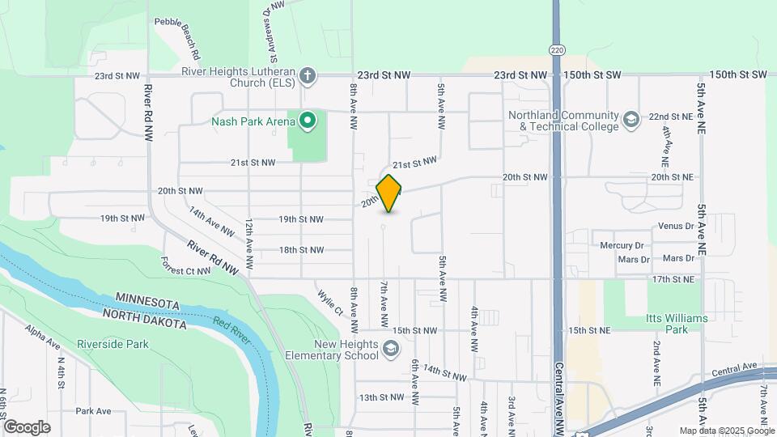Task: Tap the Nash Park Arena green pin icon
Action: [x=308, y=122]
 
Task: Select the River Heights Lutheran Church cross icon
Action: [x=307, y=76]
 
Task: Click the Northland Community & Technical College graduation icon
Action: [x=631, y=121]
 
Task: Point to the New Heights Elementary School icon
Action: [x=391, y=350]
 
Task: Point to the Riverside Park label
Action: [x=113, y=344]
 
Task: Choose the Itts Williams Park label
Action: [x=677, y=324]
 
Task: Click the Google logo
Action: [x=27, y=427]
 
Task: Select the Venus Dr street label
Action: [x=677, y=226]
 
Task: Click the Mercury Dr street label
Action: [x=622, y=244]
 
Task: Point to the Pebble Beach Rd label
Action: [x=177, y=40]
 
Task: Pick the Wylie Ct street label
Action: [x=331, y=303]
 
